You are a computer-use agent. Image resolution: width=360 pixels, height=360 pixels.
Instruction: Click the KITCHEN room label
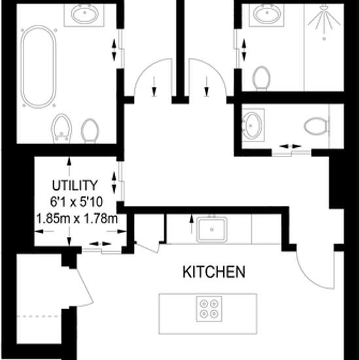tap(214, 272)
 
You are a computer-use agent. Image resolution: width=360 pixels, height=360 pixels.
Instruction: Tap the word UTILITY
tap(75, 185)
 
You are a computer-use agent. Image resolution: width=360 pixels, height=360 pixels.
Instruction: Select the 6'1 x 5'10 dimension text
tap(77, 202)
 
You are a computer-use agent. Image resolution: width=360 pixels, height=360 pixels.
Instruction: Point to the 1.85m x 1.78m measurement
tap(77, 219)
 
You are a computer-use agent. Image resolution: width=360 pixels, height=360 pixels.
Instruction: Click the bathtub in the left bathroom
tap(39, 67)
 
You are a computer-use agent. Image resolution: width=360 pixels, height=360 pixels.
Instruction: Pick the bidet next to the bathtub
tap(61, 128)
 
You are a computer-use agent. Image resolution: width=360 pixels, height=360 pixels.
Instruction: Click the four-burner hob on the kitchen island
tap(209, 309)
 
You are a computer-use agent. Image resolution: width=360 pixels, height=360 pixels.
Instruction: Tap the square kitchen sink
tap(211, 229)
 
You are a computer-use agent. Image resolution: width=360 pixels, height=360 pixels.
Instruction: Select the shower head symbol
tap(324, 21)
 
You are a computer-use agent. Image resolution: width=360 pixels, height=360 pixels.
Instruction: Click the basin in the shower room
tap(268, 14)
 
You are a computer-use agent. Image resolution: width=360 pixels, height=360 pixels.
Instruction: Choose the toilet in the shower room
tap(261, 78)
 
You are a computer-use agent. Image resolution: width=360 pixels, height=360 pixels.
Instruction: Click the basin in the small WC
tap(252, 125)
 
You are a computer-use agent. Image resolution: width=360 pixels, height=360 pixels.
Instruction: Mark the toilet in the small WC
tap(316, 126)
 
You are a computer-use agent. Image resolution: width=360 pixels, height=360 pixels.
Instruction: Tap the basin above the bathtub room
tap(84, 14)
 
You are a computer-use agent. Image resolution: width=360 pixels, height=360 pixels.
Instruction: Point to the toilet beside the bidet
tap(90, 130)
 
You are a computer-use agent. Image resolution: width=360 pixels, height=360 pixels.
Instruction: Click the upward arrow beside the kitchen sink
tap(191, 225)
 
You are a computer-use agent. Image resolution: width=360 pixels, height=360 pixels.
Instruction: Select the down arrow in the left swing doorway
tap(154, 86)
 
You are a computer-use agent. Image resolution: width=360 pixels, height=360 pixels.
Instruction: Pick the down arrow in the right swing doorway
tap(207, 86)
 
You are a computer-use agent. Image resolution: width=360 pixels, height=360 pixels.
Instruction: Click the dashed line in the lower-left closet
tap(37, 316)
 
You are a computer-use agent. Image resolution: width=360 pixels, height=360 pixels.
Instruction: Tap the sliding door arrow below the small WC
tap(291, 146)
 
